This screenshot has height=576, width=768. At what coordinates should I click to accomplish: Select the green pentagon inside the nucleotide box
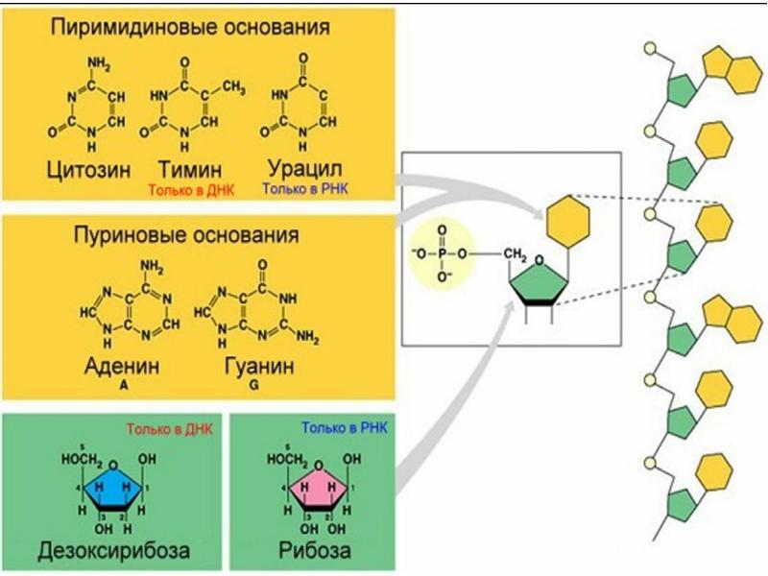[540, 283]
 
